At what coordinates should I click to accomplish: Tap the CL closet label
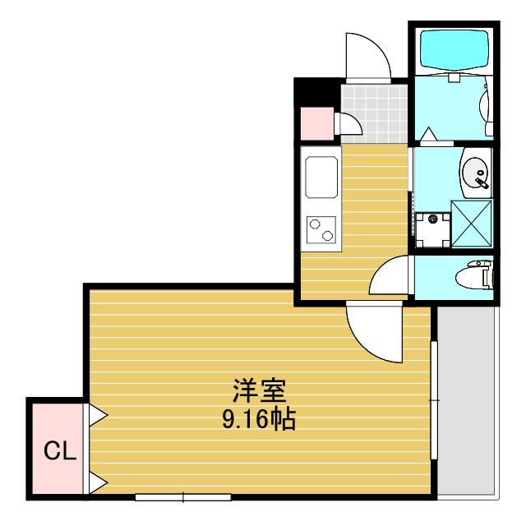60,451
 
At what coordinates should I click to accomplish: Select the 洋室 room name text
260,391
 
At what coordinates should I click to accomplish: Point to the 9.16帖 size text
259,419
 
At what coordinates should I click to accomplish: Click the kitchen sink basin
321,177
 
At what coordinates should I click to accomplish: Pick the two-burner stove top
321,230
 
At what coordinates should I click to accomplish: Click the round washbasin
477,173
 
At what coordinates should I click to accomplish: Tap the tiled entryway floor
375,113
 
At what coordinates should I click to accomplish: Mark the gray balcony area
466,400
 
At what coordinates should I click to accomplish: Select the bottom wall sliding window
183,496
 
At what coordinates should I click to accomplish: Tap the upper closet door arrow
98,415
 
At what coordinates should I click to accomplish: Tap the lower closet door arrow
98,482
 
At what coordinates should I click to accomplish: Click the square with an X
472,224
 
